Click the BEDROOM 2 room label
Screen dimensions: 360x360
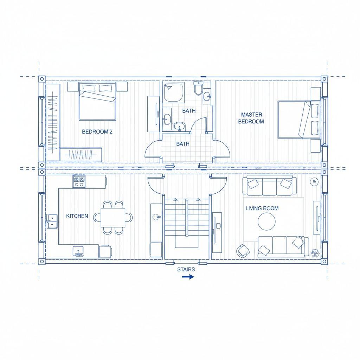click(x=97, y=131)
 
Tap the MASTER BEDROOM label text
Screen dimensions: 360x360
click(x=251, y=118)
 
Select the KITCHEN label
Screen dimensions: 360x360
click(x=77, y=216)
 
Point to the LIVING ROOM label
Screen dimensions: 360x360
click(x=262, y=208)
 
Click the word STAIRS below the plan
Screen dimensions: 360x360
click(x=186, y=269)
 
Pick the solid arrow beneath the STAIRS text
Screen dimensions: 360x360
click(x=188, y=277)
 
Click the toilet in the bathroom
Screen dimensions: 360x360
click(x=198, y=88)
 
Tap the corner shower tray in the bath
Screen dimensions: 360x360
click(x=174, y=93)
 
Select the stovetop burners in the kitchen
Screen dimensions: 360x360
click(x=79, y=182)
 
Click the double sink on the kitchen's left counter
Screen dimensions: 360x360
click(x=52, y=221)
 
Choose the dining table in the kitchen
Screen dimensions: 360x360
click(x=113, y=217)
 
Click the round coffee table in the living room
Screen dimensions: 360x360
click(x=266, y=221)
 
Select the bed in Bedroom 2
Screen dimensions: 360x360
click(x=97, y=102)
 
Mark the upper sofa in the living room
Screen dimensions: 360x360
click(x=268, y=185)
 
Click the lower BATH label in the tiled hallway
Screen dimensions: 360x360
click(x=183, y=144)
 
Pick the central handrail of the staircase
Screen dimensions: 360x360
click(x=187, y=217)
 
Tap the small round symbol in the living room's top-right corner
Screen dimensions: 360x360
click(x=314, y=182)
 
